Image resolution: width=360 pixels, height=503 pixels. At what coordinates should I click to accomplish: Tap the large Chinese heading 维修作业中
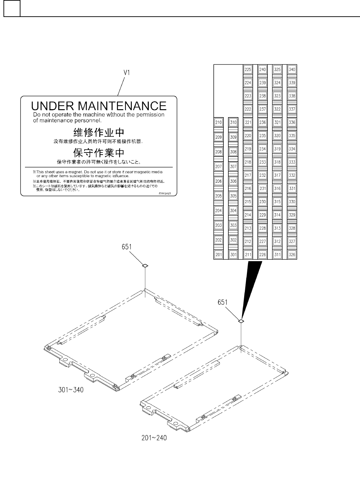(x=99, y=132)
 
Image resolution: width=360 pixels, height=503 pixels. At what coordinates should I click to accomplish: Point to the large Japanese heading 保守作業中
(x=99, y=153)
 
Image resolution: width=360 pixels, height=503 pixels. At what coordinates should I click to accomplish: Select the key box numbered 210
(x=218, y=122)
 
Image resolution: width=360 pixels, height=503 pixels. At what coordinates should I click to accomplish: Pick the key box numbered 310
(x=233, y=122)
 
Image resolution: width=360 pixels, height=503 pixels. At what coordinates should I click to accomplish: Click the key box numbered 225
(x=248, y=69)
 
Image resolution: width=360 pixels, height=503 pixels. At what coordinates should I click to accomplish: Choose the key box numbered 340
(x=292, y=69)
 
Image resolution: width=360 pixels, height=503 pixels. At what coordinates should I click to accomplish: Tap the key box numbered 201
(x=218, y=255)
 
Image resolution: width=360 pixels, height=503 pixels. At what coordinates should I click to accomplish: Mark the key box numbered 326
(x=292, y=255)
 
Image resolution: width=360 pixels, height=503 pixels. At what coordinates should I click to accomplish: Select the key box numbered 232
(x=263, y=175)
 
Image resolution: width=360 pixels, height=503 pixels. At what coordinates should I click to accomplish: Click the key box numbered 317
(x=277, y=175)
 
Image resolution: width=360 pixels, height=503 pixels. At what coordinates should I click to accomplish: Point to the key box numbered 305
(x=233, y=196)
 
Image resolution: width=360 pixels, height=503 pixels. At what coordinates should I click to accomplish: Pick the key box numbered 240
(x=263, y=69)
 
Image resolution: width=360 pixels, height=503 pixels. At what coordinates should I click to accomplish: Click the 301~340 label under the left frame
(x=70, y=390)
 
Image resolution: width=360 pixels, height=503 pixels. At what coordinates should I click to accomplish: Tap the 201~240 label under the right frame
(x=154, y=438)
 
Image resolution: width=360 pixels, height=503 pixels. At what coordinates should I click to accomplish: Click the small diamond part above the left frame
(x=145, y=266)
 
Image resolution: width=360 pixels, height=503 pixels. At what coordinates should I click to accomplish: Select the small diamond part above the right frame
(x=241, y=321)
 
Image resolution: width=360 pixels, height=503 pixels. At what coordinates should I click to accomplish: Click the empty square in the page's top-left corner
(x=12, y=8)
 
